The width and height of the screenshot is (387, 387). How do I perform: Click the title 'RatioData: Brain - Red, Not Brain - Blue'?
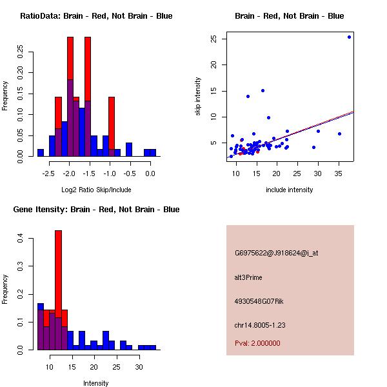coord(96,16)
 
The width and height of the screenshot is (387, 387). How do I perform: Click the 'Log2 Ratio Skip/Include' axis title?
coord(96,190)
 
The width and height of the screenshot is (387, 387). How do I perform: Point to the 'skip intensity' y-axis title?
coord(198,97)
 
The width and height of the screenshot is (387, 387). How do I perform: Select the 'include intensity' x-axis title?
coord(289,190)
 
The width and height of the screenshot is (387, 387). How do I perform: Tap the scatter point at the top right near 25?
coord(349,37)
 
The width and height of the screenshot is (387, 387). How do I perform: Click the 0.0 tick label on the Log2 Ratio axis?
coord(150,173)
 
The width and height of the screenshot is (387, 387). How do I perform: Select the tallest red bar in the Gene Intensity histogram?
coord(58,271)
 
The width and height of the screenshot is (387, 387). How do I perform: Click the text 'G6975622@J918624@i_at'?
coord(276,253)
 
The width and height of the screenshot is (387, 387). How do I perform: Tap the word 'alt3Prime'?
coord(248,277)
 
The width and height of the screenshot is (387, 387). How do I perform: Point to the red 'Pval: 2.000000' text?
coord(257,343)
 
